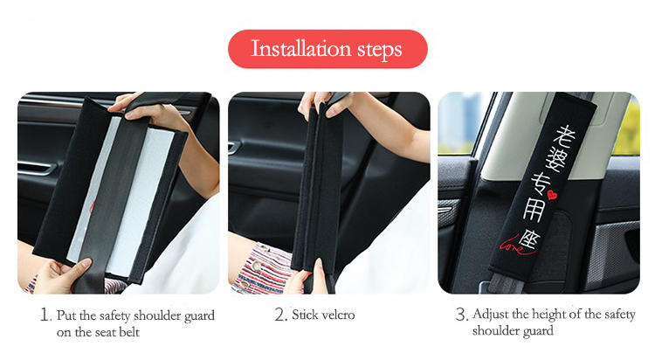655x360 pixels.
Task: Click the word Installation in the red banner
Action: (300, 49)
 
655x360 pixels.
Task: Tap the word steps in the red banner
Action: (379, 50)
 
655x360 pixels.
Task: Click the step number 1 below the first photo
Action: (45, 315)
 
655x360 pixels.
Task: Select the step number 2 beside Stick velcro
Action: (280, 315)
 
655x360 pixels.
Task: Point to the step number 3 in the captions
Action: (461, 314)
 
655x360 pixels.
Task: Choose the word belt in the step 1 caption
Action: (129, 332)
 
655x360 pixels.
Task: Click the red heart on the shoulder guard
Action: (552, 195)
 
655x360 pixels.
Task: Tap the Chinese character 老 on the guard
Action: (564, 137)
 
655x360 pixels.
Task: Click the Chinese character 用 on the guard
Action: (534, 209)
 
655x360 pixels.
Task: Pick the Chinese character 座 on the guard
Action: (528, 240)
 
